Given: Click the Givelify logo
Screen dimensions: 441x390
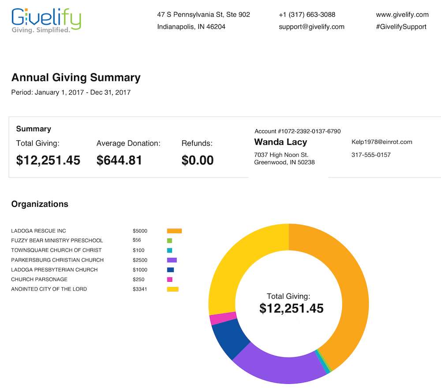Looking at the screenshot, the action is click(x=46, y=21).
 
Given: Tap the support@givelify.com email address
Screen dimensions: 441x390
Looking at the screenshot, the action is click(x=311, y=27).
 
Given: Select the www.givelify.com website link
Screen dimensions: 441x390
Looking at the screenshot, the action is click(x=402, y=15).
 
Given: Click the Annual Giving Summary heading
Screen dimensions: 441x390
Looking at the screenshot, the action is click(x=76, y=77).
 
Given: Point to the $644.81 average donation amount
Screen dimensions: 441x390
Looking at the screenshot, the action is click(x=119, y=160).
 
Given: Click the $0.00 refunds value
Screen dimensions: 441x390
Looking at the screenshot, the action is click(x=198, y=160).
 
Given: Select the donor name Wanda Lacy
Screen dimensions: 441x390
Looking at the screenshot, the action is click(x=280, y=142).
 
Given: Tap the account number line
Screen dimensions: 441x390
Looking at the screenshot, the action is click(x=297, y=131).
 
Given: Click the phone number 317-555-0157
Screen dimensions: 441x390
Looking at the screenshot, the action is click(x=371, y=155).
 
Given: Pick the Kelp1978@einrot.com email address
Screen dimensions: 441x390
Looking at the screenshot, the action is click(x=381, y=142).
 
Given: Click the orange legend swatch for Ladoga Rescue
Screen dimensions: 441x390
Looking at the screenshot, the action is click(x=174, y=231).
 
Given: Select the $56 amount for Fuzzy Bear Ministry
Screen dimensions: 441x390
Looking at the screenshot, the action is click(x=137, y=240).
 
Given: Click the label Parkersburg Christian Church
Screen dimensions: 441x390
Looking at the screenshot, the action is click(x=57, y=260).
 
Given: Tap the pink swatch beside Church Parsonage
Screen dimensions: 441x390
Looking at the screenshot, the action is click(x=170, y=280).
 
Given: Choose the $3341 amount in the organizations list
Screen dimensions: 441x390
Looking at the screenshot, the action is click(x=140, y=289).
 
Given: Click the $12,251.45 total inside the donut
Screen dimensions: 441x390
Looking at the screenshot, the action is click(x=292, y=308).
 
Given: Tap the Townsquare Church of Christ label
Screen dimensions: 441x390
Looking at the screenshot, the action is click(x=56, y=250).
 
